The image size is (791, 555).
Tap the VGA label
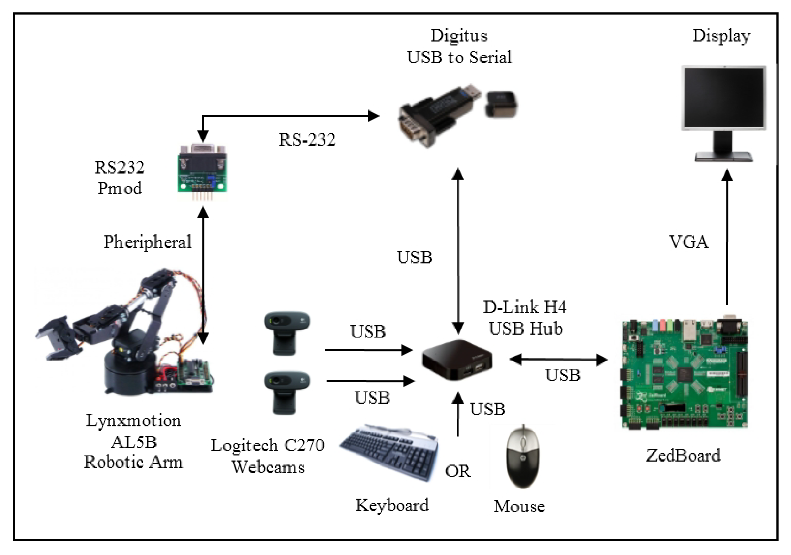pos(689,242)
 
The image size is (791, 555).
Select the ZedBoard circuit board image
pos(684,374)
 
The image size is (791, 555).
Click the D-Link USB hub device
pos(457,361)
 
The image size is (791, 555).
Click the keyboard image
pos(389,452)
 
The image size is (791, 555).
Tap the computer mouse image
pos(523,457)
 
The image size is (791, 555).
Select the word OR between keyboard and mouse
pos(458,471)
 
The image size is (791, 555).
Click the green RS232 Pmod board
pos(202,172)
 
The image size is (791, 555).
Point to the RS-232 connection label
pos(307,139)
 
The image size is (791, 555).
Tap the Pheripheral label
pos(147,242)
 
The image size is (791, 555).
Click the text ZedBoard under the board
pos(683,456)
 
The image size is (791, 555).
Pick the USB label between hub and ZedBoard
pos(563,375)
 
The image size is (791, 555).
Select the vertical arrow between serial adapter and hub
pos(458,252)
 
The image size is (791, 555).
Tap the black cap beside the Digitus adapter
pos(501,104)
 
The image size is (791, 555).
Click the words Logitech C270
pos(267,445)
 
